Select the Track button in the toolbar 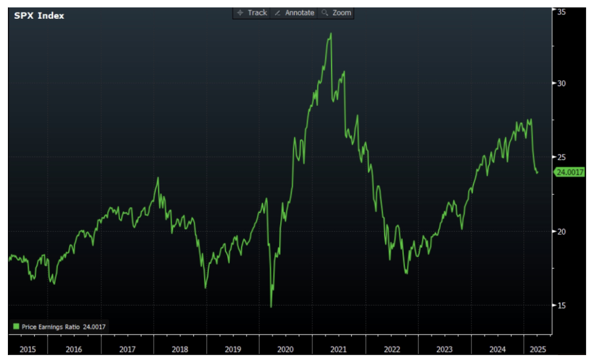click(252, 13)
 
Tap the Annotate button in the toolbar click(295, 13)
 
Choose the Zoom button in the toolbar click(337, 13)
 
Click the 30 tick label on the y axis click(561, 83)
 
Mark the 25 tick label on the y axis click(561, 157)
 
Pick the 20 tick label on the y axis click(561, 231)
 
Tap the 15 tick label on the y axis click(561, 305)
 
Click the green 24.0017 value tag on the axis click(570, 172)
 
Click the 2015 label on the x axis click(28, 349)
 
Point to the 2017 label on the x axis click(127, 349)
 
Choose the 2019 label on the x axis click(233, 349)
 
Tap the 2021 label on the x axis click(339, 349)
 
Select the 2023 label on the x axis click(444, 349)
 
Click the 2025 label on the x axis click(537, 349)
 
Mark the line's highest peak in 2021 click(331, 34)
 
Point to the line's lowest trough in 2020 click(271, 307)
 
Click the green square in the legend click(16, 327)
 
